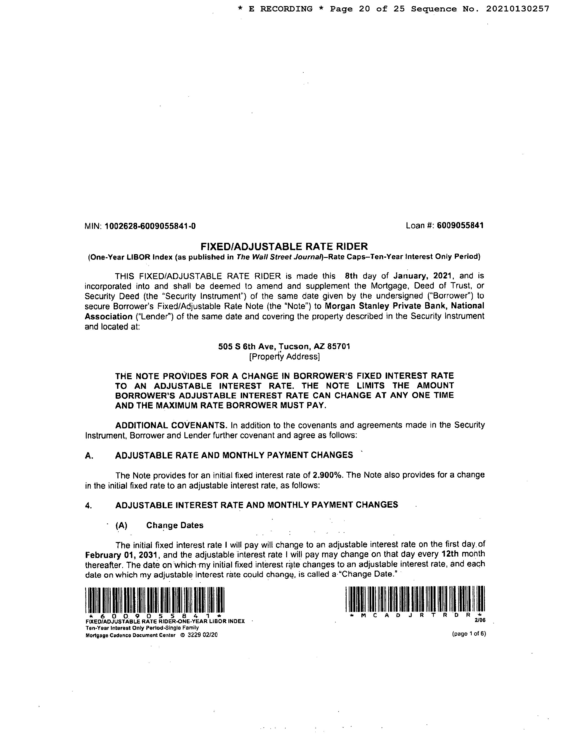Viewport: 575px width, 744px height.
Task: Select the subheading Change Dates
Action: click(x=175, y=525)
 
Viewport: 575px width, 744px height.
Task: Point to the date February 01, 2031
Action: click(x=122, y=555)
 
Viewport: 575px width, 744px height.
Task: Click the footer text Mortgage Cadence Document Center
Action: click(x=130, y=635)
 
